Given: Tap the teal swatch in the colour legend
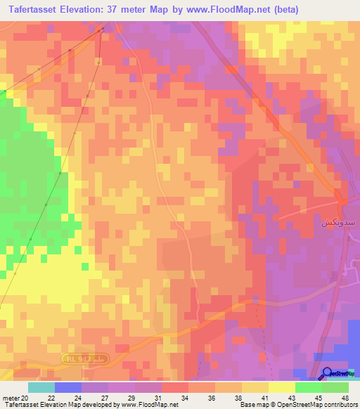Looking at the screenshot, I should coord(41,388).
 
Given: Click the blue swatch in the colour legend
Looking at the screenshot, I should coord(67,388).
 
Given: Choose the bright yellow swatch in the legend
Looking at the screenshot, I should coord(281,388).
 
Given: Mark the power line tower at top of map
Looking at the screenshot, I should coord(103,29).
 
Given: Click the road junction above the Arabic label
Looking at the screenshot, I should coord(342,202).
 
